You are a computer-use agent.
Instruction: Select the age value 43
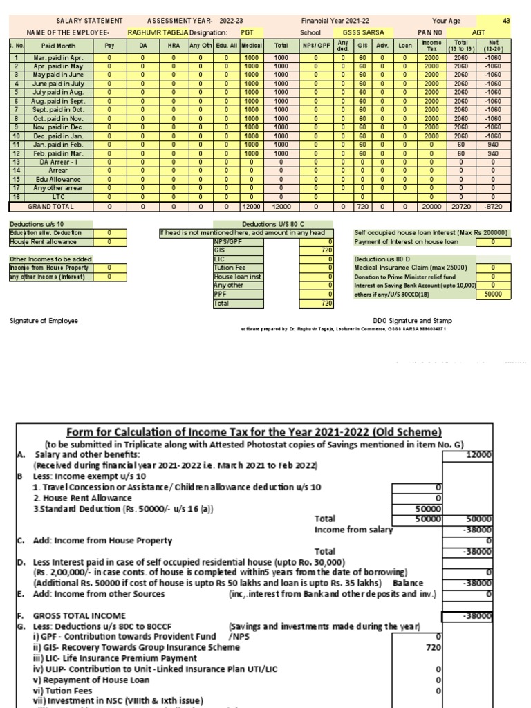click(x=506, y=21)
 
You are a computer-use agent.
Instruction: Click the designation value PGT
click(x=247, y=32)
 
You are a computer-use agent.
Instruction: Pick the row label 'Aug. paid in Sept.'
click(x=58, y=101)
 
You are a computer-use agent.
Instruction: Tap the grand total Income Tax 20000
click(x=431, y=206)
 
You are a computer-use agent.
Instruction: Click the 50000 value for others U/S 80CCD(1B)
click(x=493, y=293)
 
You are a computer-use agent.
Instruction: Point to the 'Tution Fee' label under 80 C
click(x=230, y=268)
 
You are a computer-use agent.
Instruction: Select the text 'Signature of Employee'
click(x=44, y=321)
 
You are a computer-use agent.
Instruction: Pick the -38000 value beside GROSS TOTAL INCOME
click(x=477, y=615)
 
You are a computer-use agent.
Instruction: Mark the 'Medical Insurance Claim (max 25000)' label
click(x=411, y=268)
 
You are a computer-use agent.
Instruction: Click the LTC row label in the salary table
click(x=58, y=197)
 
